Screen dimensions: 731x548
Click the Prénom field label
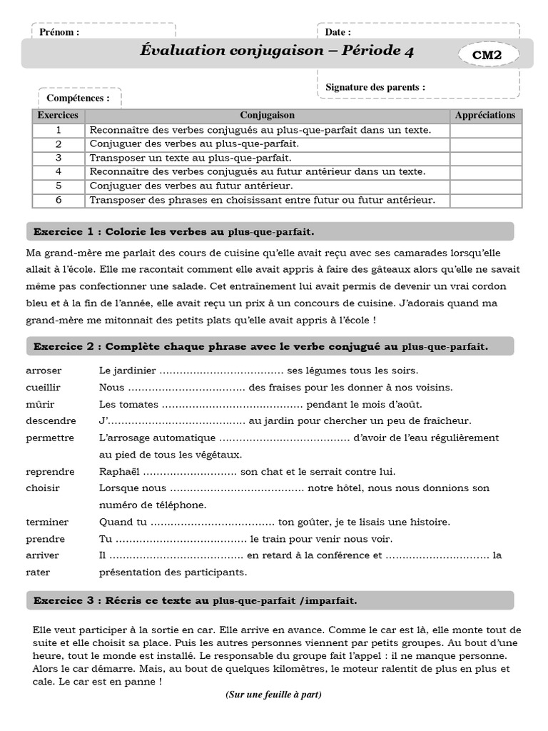point(59,32)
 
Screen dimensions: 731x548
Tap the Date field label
point(338,32)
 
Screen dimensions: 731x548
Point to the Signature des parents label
point(375,87)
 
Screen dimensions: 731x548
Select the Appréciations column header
point(485,115)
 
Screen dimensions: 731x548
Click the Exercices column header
point(59,115)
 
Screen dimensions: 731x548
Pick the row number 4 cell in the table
point(59,171)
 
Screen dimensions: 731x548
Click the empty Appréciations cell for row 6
point(485,201)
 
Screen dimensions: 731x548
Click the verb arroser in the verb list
point(44,370)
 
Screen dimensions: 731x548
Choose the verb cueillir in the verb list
point(44,388)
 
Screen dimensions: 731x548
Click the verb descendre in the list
point(49,421)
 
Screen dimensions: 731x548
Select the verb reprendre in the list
point(49,472)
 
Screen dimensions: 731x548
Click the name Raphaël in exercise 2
point(119,472)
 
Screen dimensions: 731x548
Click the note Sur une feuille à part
point(273,695)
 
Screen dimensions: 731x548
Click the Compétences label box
point(78,99)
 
